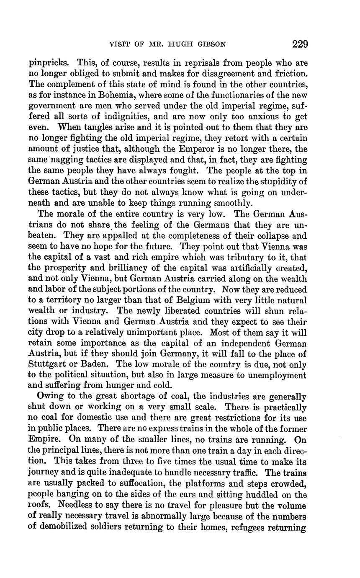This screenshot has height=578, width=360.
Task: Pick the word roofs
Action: [40, 506]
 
